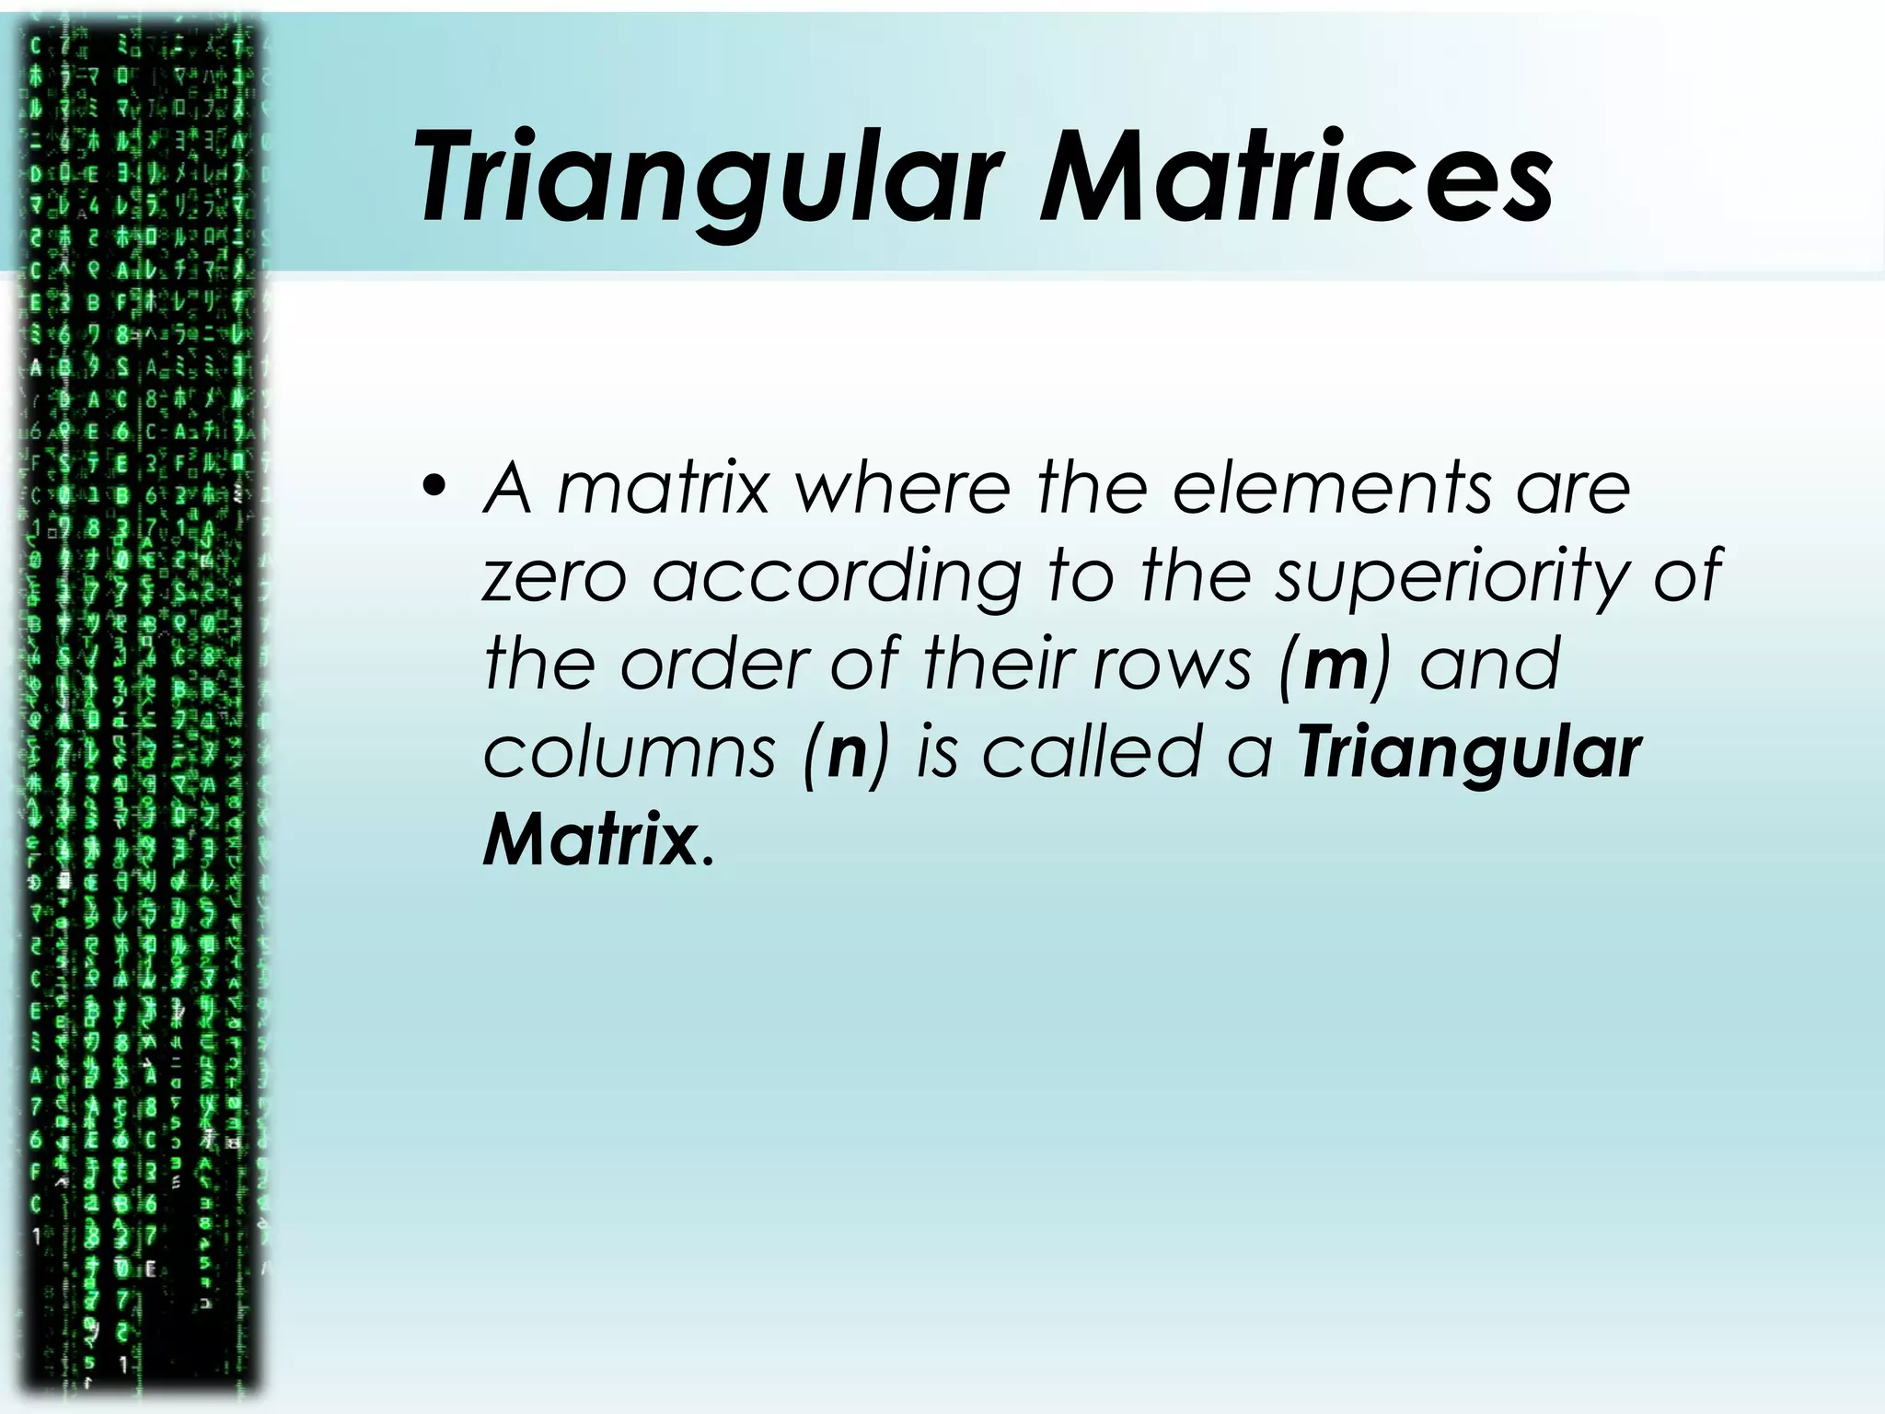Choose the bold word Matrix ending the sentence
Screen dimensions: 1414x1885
pos(589,840)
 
